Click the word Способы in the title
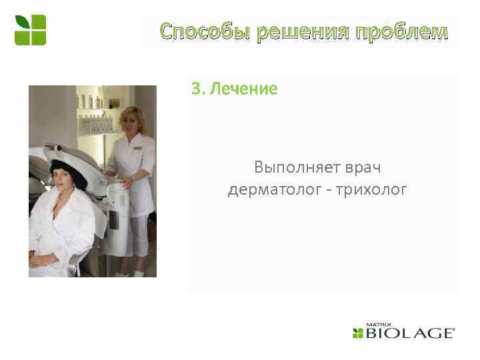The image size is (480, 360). [x=195, y=31]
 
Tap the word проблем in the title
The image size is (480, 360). [x=401, y=31]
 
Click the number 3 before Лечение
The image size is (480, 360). [x=195, y=89]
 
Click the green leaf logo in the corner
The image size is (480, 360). [x=31, y=29]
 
